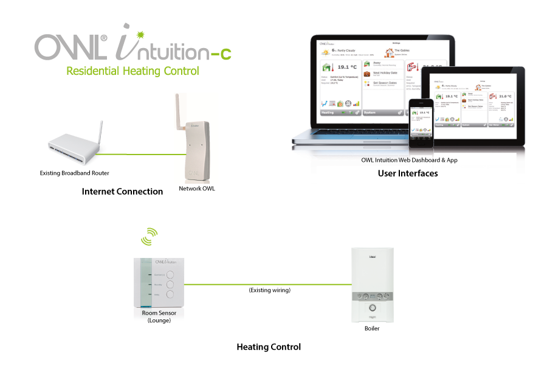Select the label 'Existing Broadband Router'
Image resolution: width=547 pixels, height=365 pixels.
(75, 173)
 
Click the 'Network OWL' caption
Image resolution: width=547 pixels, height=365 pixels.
(197, 189)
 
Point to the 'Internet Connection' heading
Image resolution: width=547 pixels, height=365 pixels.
(122, 192)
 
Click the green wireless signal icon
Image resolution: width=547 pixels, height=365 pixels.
(149, 237)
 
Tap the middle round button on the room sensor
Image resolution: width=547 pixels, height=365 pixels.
(170, 284)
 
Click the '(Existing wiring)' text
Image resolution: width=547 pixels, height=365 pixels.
(269, 290)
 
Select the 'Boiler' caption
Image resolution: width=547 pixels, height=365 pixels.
(371, 328)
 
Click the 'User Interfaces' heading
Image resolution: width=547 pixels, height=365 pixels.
(408, 173)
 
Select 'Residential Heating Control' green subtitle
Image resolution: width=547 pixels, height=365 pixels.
(132, 71)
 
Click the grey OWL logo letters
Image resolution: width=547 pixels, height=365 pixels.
(71, 46)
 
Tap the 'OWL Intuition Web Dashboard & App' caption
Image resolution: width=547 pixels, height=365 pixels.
(408, 161)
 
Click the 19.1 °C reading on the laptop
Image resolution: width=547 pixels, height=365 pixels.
(346, 68)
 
